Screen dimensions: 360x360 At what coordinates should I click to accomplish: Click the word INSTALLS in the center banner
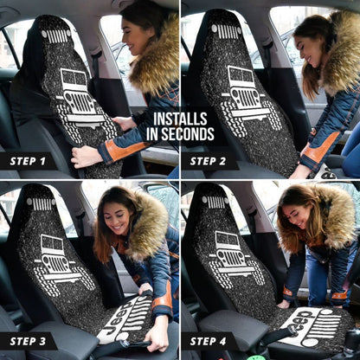(x=180, y=119)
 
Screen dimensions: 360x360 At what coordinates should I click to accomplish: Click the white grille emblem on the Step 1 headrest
(x=55, y=35)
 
